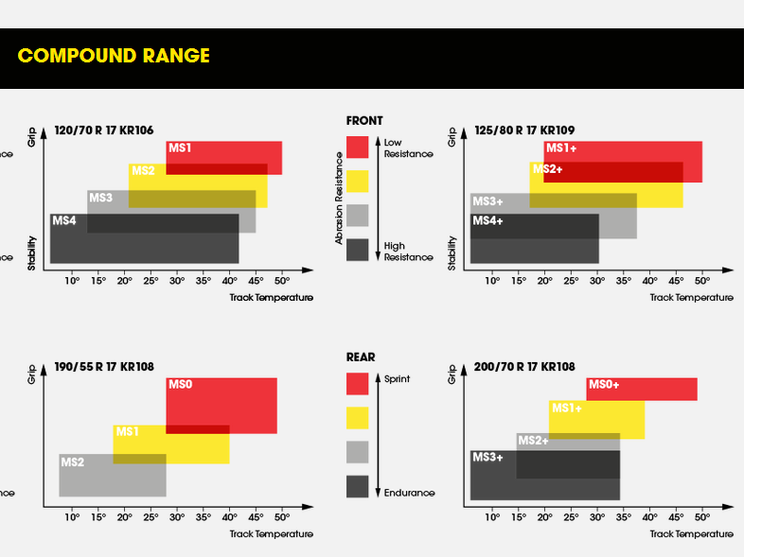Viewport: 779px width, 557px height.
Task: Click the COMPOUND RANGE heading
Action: click(x=114, y=56)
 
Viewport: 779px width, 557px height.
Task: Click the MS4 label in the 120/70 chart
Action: click(x=64, y=220)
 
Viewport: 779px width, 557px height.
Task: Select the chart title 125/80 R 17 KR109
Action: click(x=524, y=131)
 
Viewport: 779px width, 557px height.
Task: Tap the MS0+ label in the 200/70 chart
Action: click(x=604, y=385)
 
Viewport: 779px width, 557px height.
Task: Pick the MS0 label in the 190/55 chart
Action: click(x=180, y=385)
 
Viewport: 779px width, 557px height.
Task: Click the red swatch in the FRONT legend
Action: click(x=357, y=147)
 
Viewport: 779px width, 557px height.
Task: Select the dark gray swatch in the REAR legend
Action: click(x=357, y=486)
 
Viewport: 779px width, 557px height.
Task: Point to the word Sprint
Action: click(x=398, y=378)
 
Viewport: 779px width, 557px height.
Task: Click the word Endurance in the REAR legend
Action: click(x=409, y=493)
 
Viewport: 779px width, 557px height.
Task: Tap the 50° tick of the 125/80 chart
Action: click(x=702, y=281)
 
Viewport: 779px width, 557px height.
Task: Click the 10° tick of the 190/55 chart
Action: click(x=72, y=517)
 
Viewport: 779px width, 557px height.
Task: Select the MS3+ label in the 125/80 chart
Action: click(x=487, y=201)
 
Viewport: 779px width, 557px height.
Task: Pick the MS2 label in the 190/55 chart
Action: click(x=73, y=462)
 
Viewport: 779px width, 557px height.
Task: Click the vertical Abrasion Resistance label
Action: click(x=339, y=200)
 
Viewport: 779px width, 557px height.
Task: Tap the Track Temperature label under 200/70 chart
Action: click(x=691, y=534)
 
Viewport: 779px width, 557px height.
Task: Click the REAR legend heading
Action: click(x=361, y=357)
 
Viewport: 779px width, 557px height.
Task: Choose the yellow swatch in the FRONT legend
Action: click(x=357, y=181)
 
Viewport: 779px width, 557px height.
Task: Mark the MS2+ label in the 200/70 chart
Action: click(x=533, y=441)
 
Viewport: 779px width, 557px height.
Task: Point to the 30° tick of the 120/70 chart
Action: click(x=177, y=281)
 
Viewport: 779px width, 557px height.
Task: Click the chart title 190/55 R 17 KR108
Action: click(x=104, y=367)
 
